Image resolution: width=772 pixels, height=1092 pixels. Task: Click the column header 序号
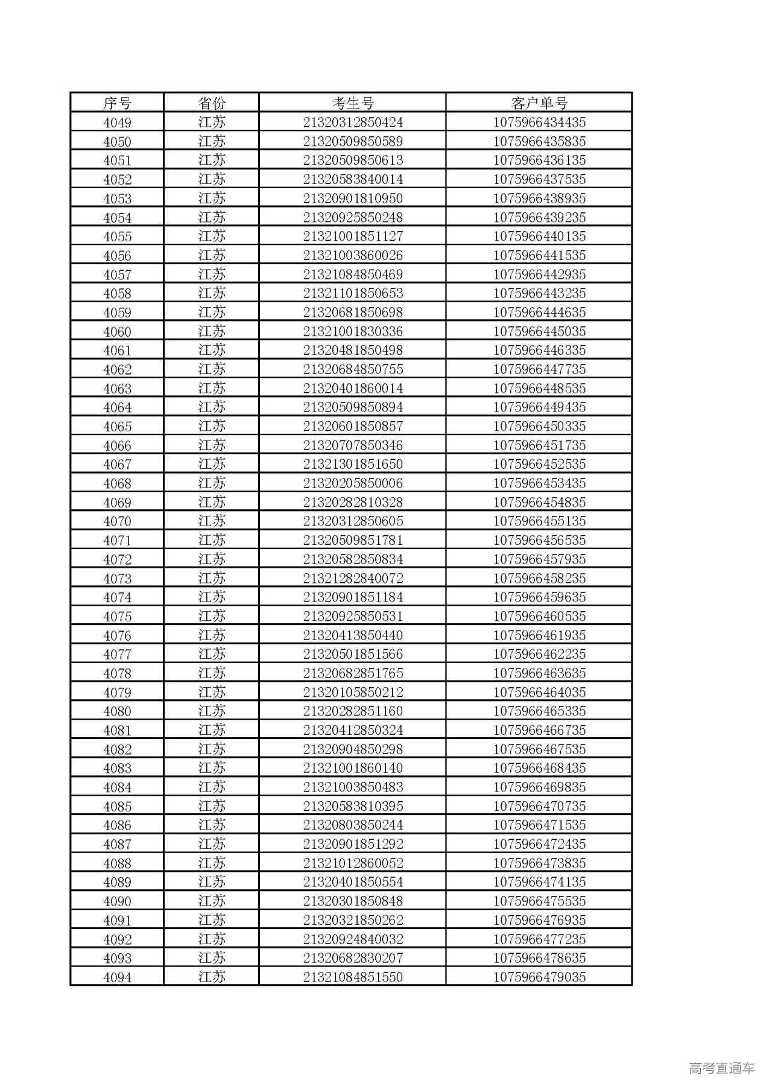point(117,103)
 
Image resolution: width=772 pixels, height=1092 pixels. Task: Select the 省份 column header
point(212,103)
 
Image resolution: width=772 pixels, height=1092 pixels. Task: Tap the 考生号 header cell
point(353,103)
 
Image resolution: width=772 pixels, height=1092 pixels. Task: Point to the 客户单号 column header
point(539,103)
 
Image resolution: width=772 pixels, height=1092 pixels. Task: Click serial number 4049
point(117,122)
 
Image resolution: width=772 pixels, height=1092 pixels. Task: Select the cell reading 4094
point(117,977)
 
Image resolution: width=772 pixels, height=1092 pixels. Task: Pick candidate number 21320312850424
point(353,122)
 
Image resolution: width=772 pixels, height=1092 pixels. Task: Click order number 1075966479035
point(539,977)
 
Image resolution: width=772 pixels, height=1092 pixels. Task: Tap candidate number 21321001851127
point(353,236)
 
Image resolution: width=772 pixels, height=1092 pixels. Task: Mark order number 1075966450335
point(539,427)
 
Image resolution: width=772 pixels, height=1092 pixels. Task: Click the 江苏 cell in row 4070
point(212,521)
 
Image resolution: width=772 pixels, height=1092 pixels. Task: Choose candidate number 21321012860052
point(353,863)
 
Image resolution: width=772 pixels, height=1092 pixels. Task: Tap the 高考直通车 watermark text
point(721,1068)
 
